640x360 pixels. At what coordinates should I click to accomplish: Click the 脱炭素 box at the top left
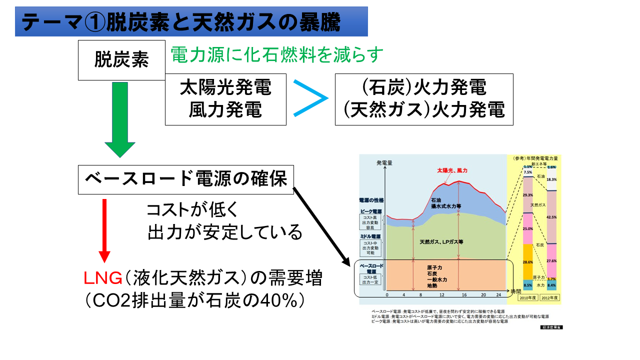(x=121, y=60)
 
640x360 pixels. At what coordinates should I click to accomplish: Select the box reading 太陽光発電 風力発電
(x=225, y=99)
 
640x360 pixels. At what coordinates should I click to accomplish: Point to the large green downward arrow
(x=120, y=120)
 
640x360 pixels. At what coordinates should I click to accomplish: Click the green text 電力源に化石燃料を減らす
(x=276, y=54)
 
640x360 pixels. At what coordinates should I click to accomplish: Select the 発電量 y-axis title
(x=384, y=162)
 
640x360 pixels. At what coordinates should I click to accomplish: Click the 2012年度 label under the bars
(x=550, y=297)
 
